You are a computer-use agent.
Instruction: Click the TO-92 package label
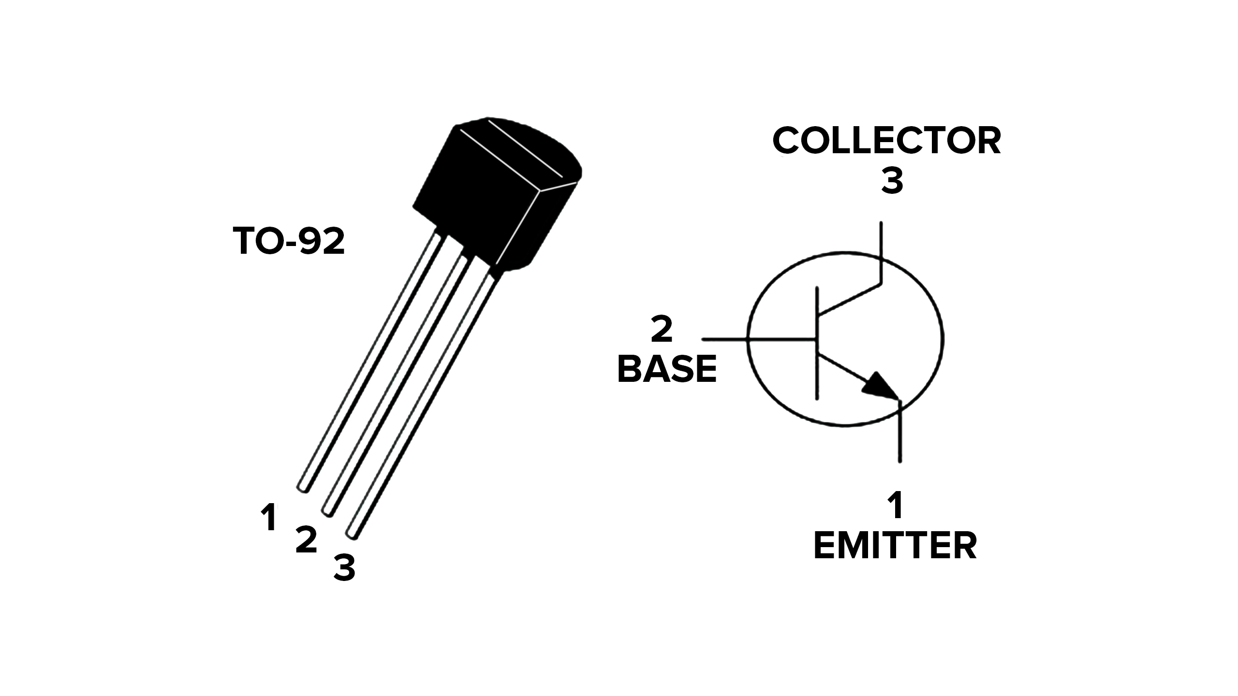289,241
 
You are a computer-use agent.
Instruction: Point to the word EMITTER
895,546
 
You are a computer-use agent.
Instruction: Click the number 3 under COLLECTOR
892,182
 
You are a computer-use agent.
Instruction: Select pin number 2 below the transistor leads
306,540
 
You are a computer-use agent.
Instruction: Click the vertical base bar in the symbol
817,343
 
